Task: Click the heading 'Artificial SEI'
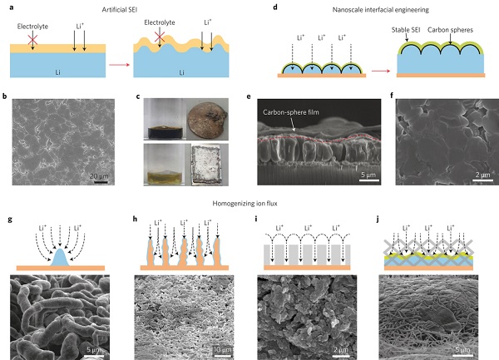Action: [x=120, y=9]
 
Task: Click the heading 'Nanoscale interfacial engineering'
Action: [x=380, y=10]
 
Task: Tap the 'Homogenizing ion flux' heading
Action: [x=245, y=203]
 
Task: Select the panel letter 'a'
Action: [x=12, y=7]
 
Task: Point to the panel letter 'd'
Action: [x=275, y=7]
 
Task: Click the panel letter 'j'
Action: [x=378, y=219]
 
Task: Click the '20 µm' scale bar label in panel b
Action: [x=99, y=176]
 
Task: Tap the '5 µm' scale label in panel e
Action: [x=368, y=175]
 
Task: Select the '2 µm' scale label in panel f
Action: [x=482, y=175]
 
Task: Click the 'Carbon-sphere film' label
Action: [x=291, y=112]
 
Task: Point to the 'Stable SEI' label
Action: [x=406, y=30]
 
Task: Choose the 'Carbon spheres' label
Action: [x=450, y=30]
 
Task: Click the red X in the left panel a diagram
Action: [x=32, y=39]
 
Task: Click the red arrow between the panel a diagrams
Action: [x=119, y=65]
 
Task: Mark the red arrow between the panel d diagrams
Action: [x=381, y=71]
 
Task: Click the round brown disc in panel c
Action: [x=207, y=119]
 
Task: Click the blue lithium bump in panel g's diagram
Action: [x=60, y=258]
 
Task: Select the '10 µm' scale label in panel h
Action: [x=222, y=350]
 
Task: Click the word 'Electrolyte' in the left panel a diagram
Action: [x=32, y=27]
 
